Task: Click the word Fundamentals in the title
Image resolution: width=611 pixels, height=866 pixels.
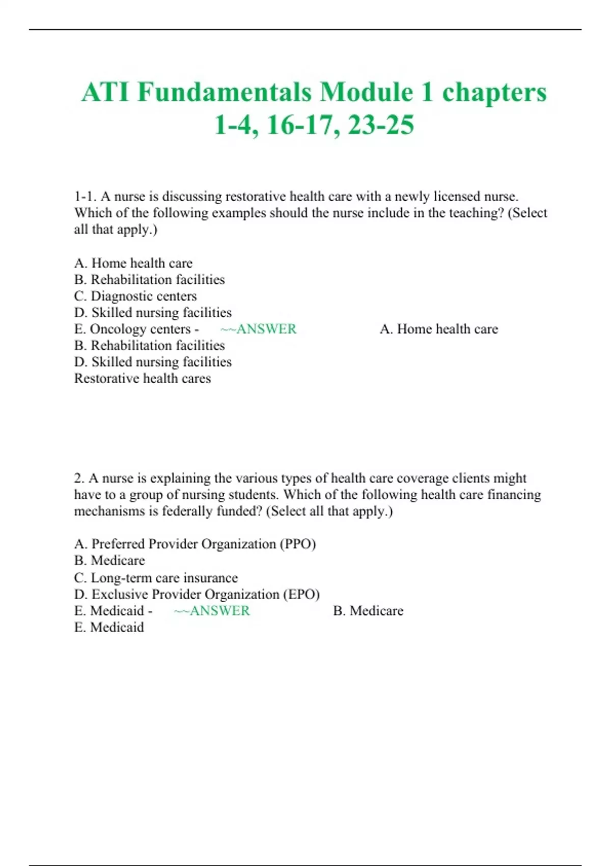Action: [x=224, y=93]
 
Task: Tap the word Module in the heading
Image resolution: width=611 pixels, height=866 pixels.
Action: [x=366, y=93]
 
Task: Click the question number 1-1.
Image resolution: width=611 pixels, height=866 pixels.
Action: [x=85, y=197]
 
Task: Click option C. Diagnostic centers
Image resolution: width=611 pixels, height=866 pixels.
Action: [x=135, y=296]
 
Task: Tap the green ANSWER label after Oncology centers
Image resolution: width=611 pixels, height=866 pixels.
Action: [x=266, y=329]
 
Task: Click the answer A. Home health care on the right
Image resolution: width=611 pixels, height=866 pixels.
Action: [x=438, y=329]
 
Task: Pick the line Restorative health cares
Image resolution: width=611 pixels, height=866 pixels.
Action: [x=143, y=378]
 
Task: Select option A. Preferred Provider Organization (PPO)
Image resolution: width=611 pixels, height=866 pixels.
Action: [x=195, y=544]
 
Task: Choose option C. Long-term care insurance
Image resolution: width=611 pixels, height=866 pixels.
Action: [x=156, y=578]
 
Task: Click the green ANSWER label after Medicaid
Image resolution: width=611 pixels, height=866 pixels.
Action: [x=219, y=611]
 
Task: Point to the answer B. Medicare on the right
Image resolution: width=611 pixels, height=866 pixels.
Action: [x=368, y=611]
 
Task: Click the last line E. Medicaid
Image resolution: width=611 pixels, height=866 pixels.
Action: [x=109, y=627]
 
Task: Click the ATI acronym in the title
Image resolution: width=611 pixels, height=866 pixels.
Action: [x=105, y=93]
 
